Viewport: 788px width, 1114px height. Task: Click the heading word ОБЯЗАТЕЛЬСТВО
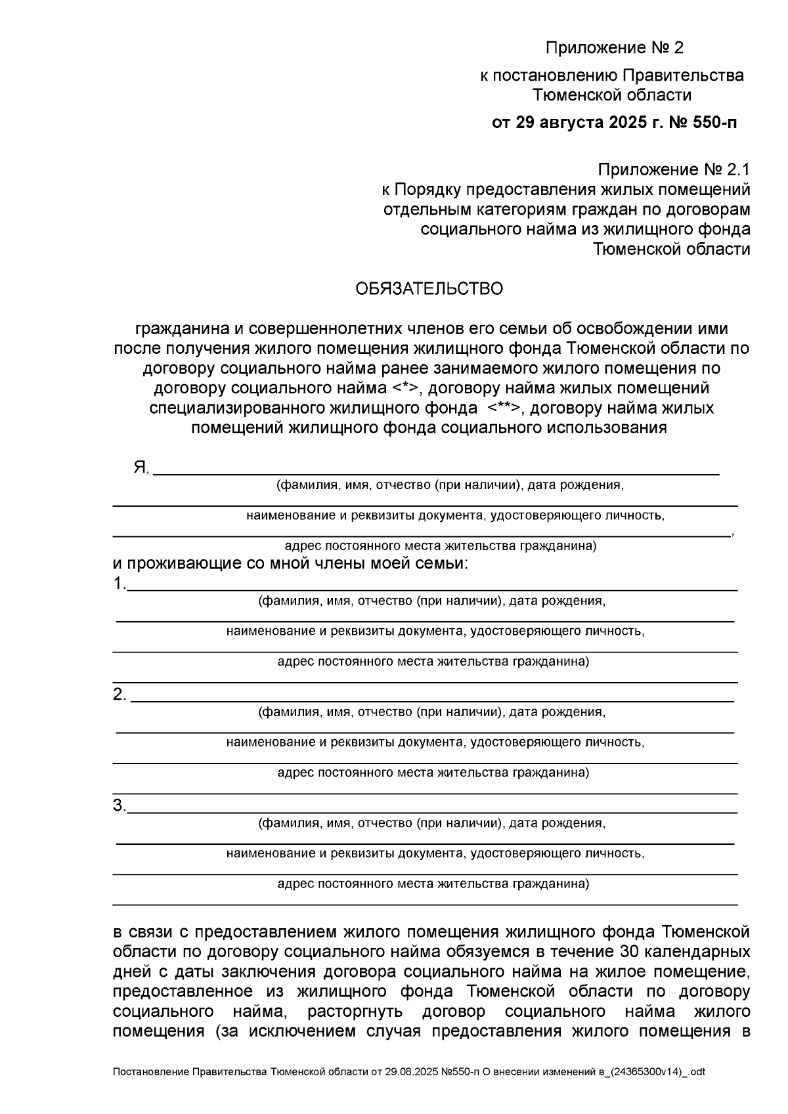pos(429,289)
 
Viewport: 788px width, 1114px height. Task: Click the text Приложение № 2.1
pos(672,170)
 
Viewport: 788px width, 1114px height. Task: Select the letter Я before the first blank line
pos(140,467)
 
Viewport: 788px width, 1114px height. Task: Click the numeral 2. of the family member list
pos(119,694)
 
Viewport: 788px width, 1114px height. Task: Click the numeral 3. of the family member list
pos(118,805)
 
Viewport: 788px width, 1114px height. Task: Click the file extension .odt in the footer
pos(694,1072)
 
